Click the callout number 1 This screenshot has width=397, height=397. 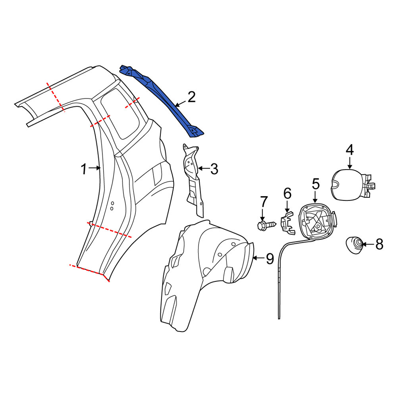[84, 169]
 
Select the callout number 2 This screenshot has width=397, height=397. [191, 97]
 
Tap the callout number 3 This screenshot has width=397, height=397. [214, 169]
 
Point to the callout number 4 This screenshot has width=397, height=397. [350, 150]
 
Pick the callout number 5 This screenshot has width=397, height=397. [316, 184]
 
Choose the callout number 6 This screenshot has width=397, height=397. [287, 193]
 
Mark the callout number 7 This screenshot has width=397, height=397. [264, 202]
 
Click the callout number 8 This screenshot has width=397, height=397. [379, 245]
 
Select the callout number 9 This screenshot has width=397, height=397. [270, 258]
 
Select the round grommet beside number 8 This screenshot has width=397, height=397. [355, 245]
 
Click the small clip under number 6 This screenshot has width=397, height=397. [287, 223]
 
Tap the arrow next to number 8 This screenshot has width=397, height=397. [368, 244]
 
